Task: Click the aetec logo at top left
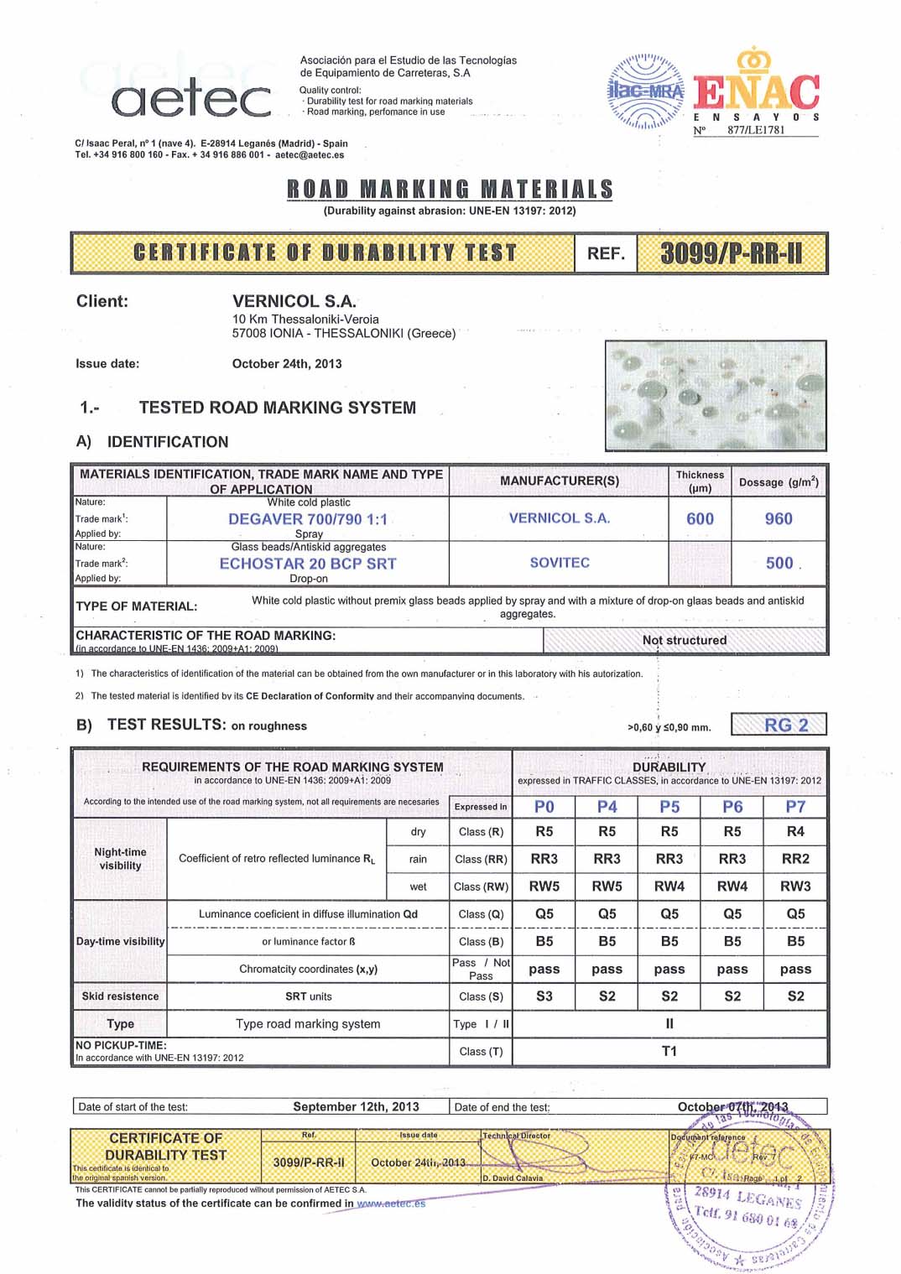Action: [191, 98]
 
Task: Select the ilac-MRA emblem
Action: [644, 91]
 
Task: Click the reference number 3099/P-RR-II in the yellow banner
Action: [732, 253]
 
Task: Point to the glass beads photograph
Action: [715, 395]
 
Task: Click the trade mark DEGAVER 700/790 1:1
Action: [308, 519]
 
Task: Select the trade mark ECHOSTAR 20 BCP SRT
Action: [308, 564]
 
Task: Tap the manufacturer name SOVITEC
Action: [560, 563]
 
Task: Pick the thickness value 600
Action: [700, 519]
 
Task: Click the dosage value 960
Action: [779, 519]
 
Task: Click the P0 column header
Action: [544, 807]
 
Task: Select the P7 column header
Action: [795, 807]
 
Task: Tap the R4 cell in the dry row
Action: [795, 831]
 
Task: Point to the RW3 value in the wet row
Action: [795, 886]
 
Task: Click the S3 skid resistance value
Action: [544, 996]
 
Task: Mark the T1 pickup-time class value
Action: [669, 1051]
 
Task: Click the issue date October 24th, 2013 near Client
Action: [287, 364]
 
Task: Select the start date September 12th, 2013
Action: [356, 1106]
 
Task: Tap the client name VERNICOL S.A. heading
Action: [294, 301]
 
